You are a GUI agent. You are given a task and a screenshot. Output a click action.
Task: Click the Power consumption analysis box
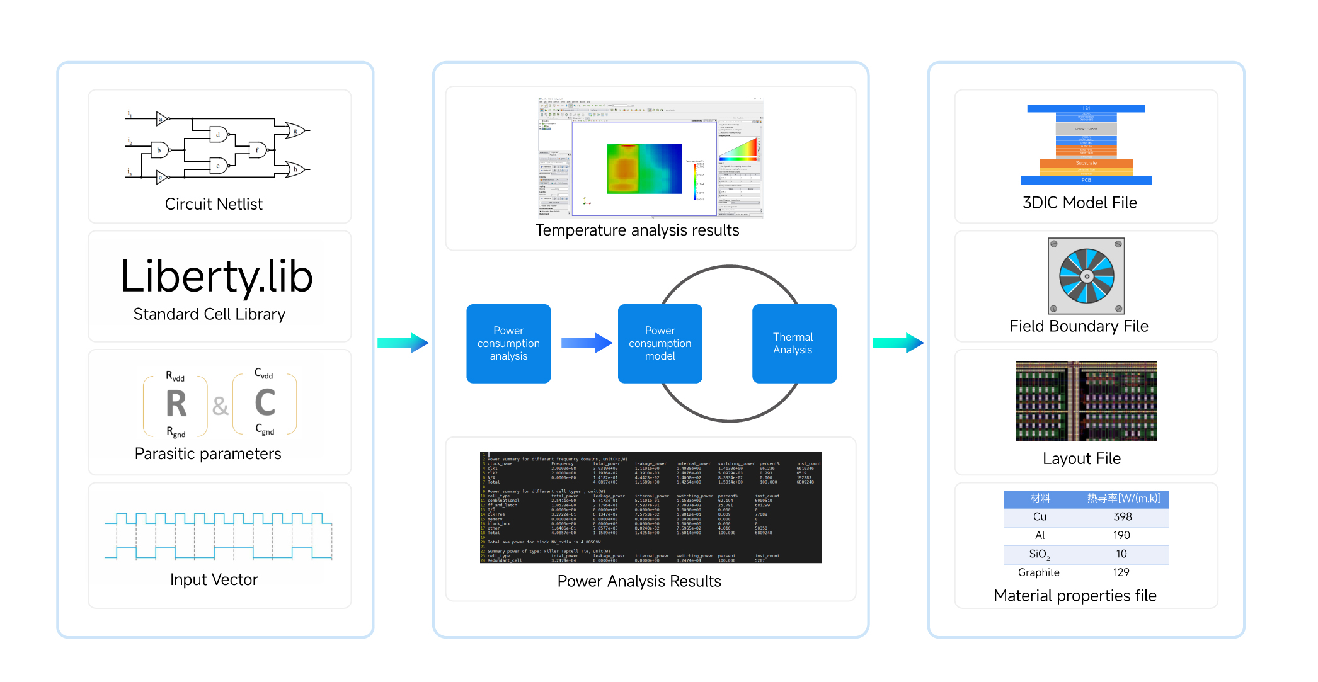(508, 343)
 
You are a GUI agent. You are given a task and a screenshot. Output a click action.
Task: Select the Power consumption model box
(660, 343)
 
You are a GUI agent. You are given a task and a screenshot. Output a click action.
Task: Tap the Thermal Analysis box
(794, 343)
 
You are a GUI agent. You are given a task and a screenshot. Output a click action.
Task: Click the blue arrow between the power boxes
(586, 343)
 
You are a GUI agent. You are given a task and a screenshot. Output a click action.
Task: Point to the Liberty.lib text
(217, 276)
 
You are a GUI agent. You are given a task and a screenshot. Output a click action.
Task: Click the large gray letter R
(176, 404)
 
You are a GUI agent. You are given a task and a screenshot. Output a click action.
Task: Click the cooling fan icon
(1086, 276)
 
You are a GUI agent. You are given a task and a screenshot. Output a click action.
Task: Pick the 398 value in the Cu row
(1122, 517)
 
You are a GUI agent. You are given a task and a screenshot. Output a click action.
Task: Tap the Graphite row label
(1038, 572)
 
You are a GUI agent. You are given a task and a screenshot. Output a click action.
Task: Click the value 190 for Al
(1121, 535)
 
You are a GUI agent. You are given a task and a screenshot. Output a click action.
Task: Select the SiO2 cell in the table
(1039, 554)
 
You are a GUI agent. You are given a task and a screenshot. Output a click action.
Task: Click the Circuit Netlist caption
(214, 204)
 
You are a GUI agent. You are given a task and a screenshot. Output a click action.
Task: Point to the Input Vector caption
(214, 579)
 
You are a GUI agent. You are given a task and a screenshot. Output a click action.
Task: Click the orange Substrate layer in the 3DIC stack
(1086, 163)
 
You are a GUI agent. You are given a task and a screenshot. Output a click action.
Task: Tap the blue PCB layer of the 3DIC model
(1086, 180)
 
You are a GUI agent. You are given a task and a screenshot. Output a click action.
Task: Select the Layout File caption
(1081, 458)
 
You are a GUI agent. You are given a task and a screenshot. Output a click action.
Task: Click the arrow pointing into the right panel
(898, 343)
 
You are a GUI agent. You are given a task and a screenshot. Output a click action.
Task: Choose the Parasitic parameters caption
(208, 453)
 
